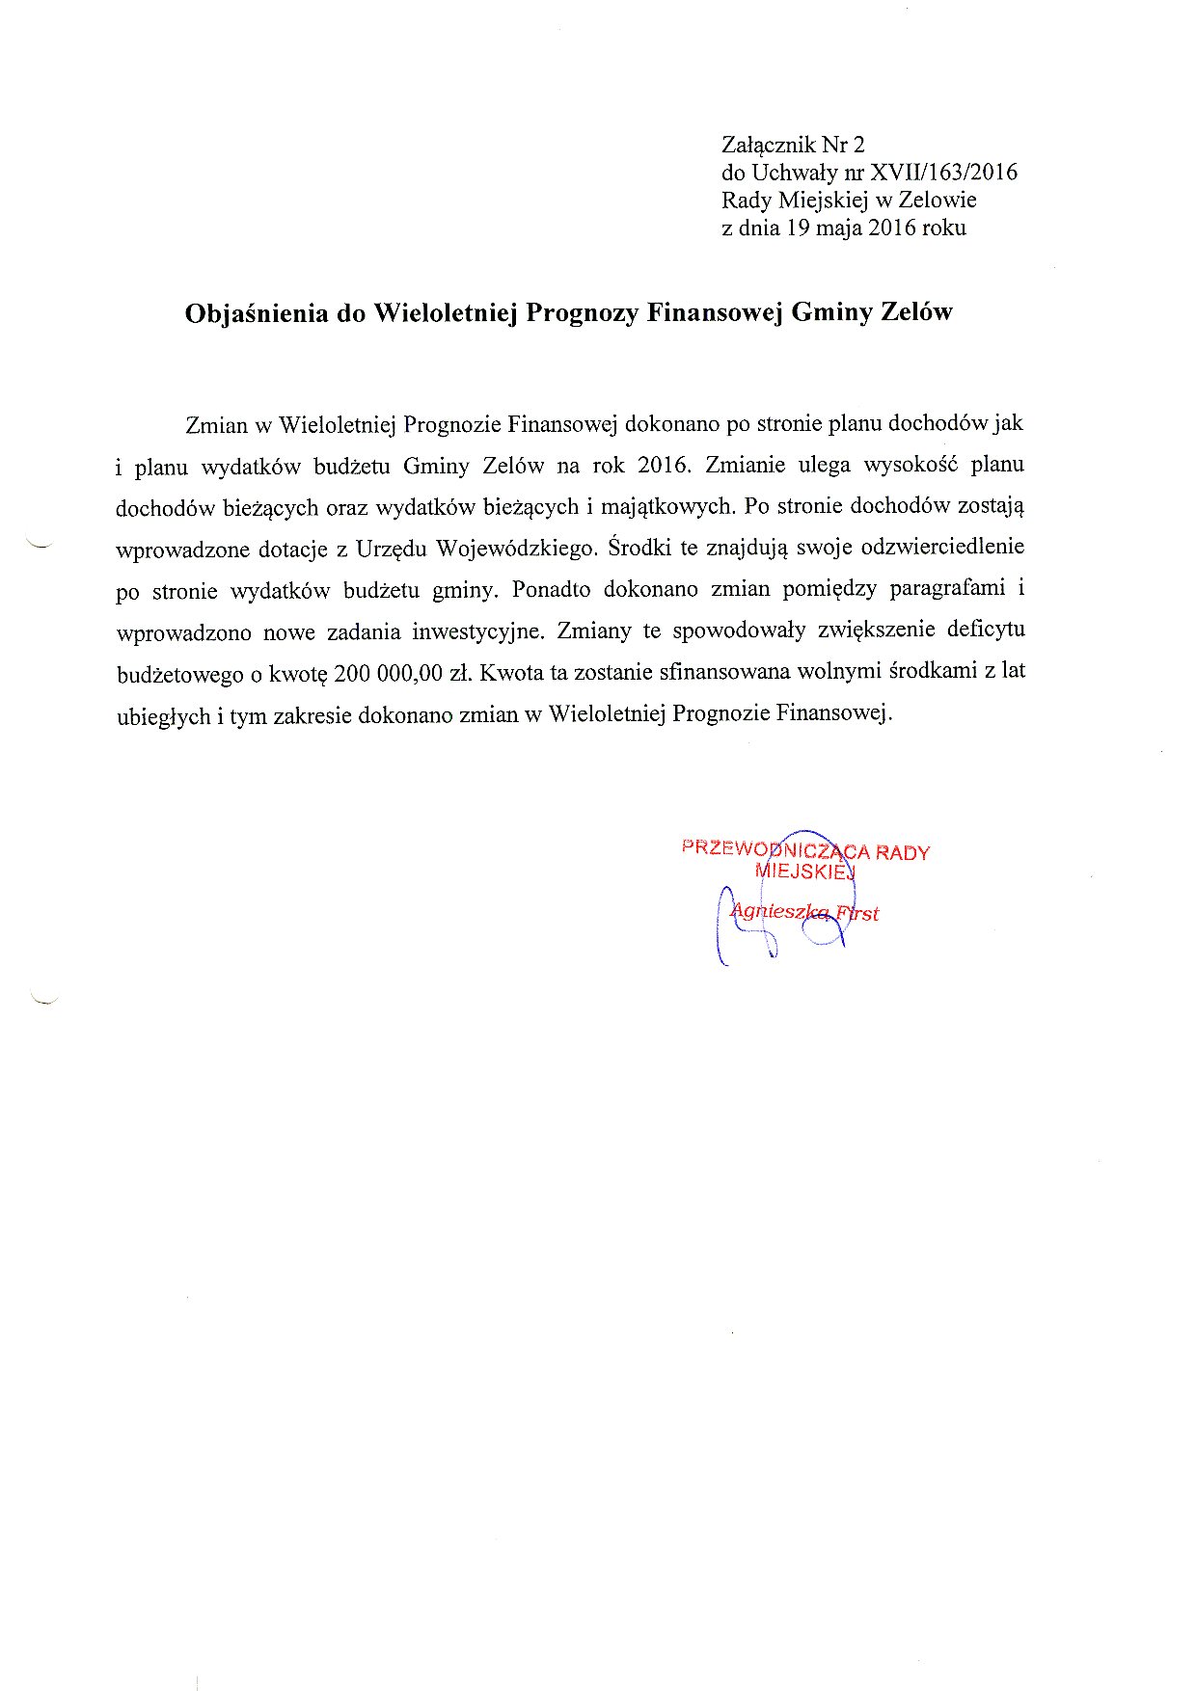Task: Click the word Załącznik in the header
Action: click(768, 146)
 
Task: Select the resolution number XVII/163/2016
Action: click(943, 173)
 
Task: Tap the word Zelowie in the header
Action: click(937, 201)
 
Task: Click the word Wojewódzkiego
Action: click(516, 549)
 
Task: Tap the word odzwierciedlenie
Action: click(942, 547)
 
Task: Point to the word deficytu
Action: click(986, 631)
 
